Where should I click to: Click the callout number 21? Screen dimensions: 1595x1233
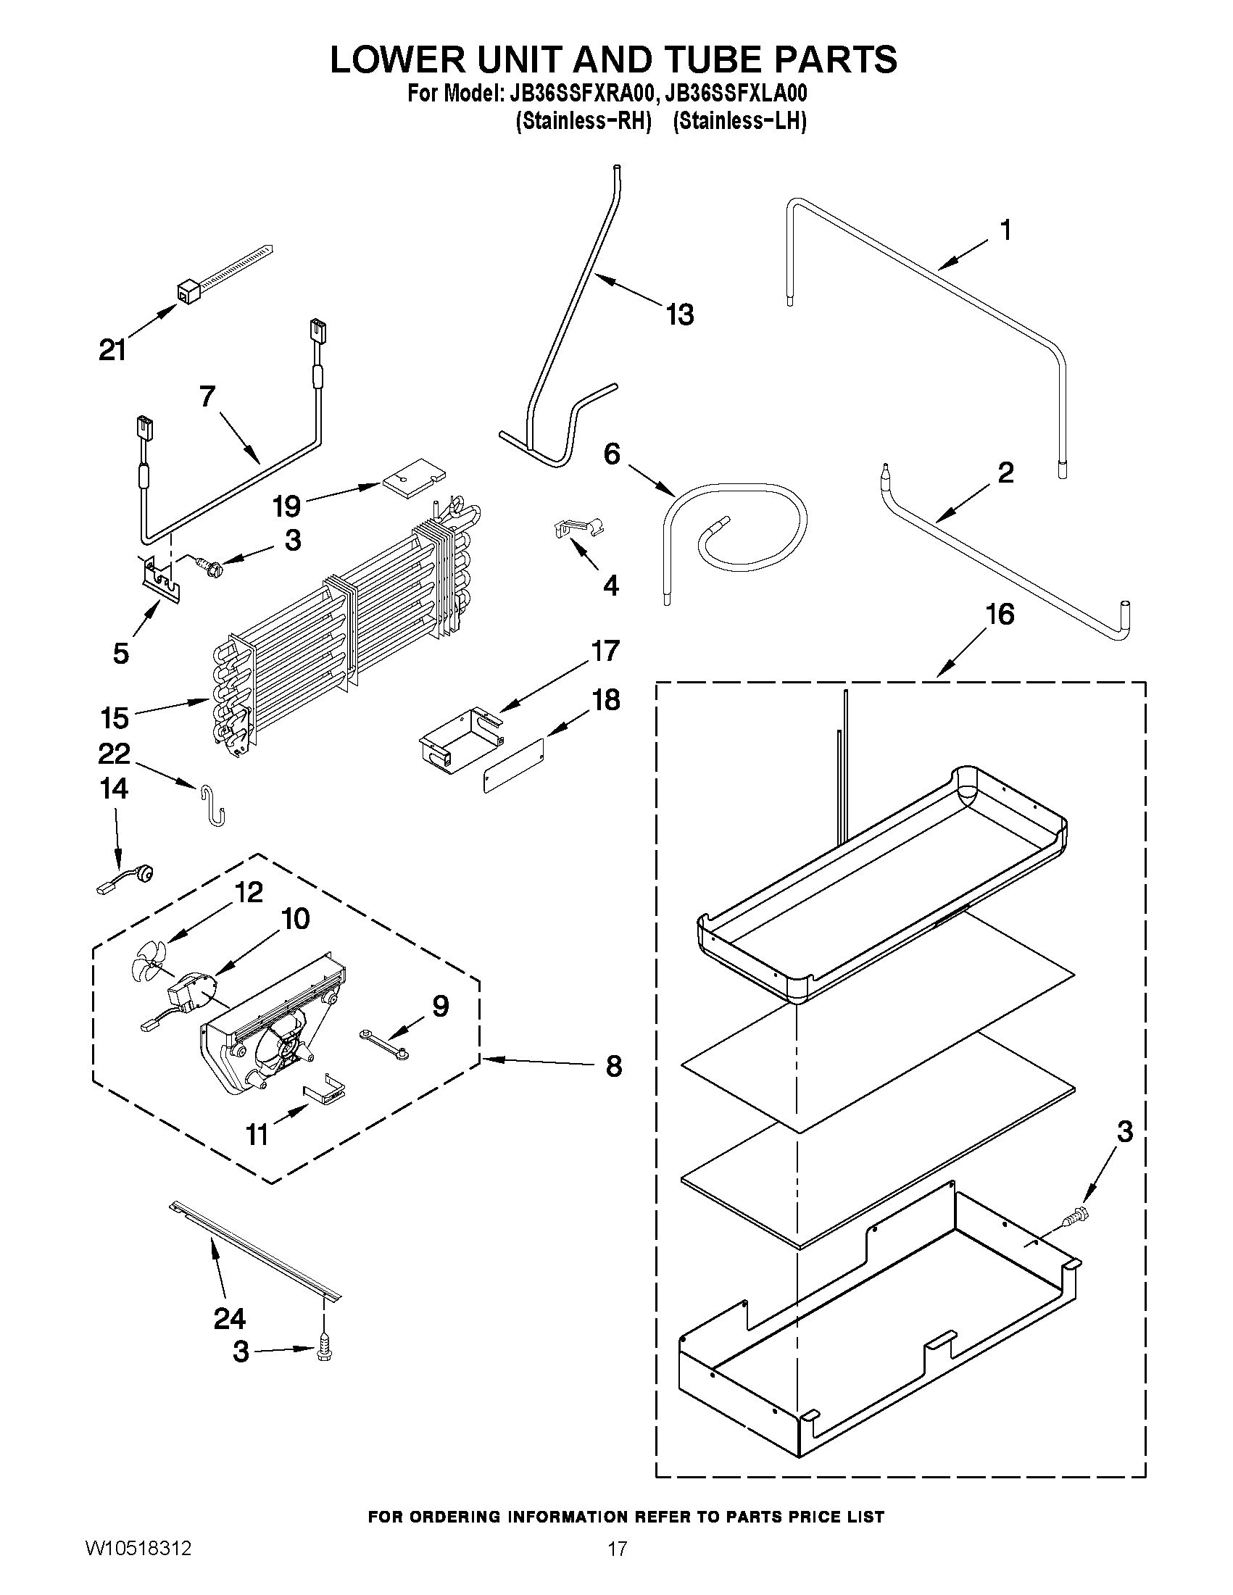[112, 351]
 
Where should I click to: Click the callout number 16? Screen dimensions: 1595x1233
[1000, 615]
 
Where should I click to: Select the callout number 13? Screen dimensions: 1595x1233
[679, 315]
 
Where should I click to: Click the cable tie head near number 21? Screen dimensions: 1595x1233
[188, 292]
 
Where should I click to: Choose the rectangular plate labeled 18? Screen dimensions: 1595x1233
[514, 765]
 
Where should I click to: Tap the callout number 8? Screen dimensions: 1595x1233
[613, 1066]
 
